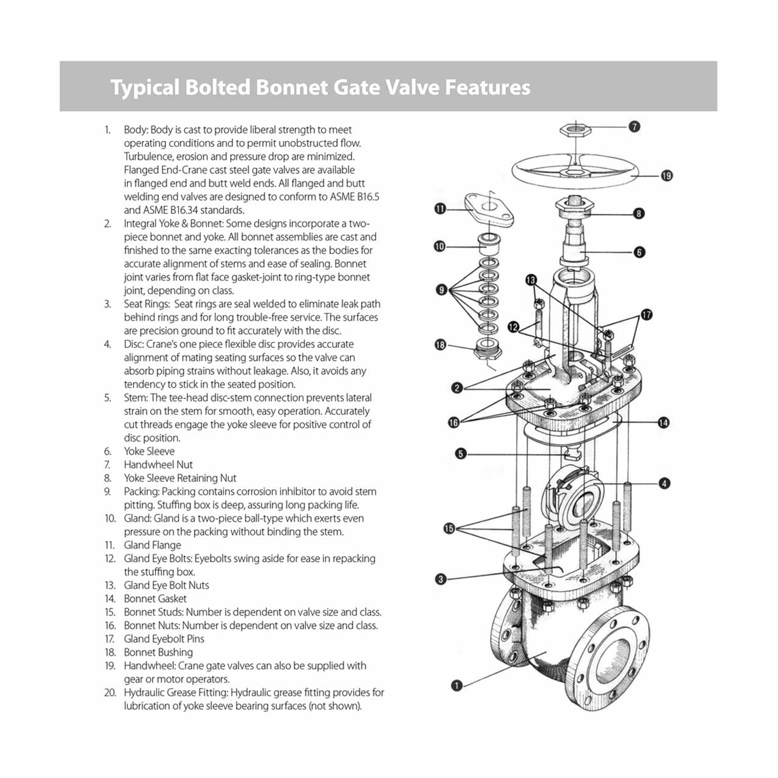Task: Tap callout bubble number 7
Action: click(x=634, y=127)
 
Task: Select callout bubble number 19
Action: click(x=667, y=176)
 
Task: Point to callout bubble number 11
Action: click(x=440, y=208)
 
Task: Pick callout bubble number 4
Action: click(x=664, y=483)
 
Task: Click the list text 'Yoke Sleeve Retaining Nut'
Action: click(x=180, y=478)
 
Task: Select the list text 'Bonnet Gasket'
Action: click(x=155, y=598)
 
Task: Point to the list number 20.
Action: click(x=110, y=692)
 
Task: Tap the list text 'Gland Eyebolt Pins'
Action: click(x=164, y=639)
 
